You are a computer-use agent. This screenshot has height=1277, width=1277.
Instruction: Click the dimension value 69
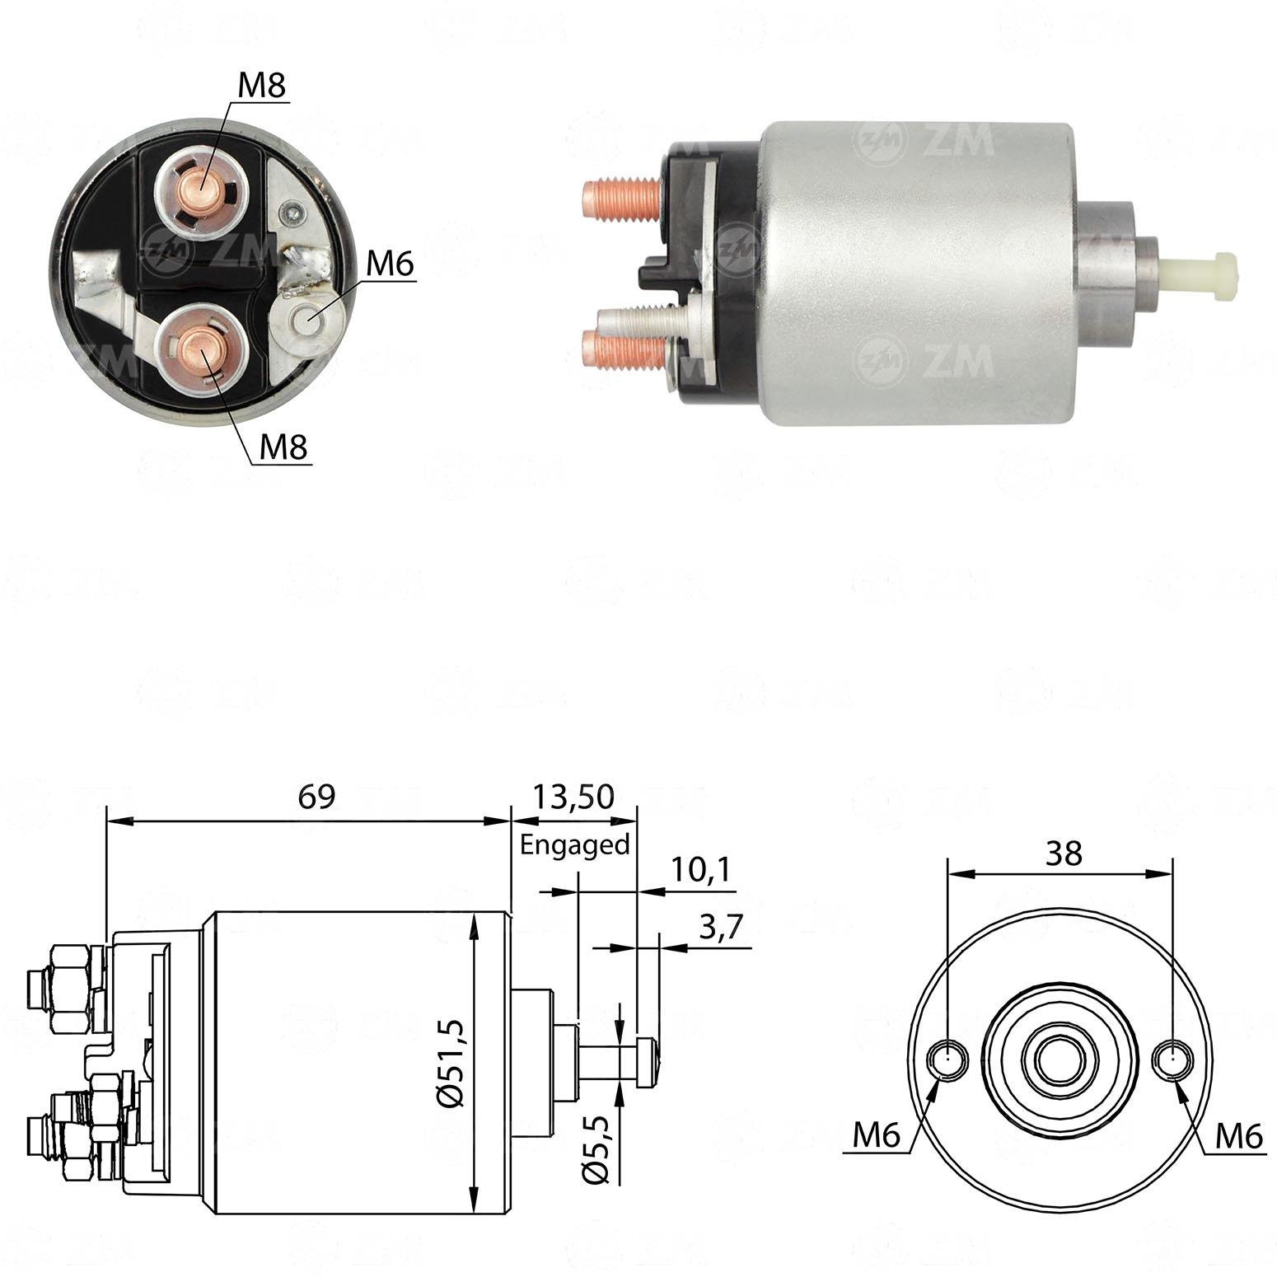pos(316,798)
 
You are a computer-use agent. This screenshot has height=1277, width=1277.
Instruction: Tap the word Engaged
pos(575,845)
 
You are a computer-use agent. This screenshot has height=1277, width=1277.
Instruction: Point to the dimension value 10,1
pos(700,870)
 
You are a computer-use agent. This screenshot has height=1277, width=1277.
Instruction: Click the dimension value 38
pos(1064,854)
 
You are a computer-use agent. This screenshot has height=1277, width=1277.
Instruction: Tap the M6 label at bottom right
pos(1239,1138)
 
